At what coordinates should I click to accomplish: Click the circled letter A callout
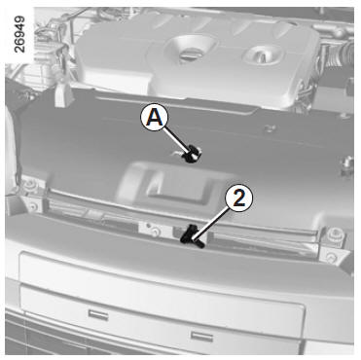pyautogui.click(x=155, y=118)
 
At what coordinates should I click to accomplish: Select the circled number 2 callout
pyautogui.click(x=239, y=198)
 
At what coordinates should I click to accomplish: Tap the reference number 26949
pyautogui.click(x=19, y=34)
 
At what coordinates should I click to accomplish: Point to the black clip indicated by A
pyautogui.click(x=192, y=154)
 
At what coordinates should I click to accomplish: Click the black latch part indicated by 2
pyautogui.click(x=192, y=236)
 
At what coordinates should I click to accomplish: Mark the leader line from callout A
pyautogui.click(x=176, y=140)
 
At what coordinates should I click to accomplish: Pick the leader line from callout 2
pyautogui.click(x=211, y=223)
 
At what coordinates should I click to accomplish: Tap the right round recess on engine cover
pyautogui.click(x=263, y=54)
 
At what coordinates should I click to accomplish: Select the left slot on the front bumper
pyautogui.click(x=98, y=314)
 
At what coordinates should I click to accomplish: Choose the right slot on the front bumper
pyautogui.click(x=201, y=336)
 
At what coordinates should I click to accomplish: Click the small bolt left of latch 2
pyautogui.click(x=156, y=231)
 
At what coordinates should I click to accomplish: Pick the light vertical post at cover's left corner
pyautogui.click(x=61, y=94)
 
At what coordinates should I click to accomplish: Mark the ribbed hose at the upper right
pyautogui.click(x=342, y=55)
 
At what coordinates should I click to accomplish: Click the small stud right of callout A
pyautogui.click(x=269, y=128)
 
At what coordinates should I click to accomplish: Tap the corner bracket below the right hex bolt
pyautogui.click(x=331, y=258)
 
